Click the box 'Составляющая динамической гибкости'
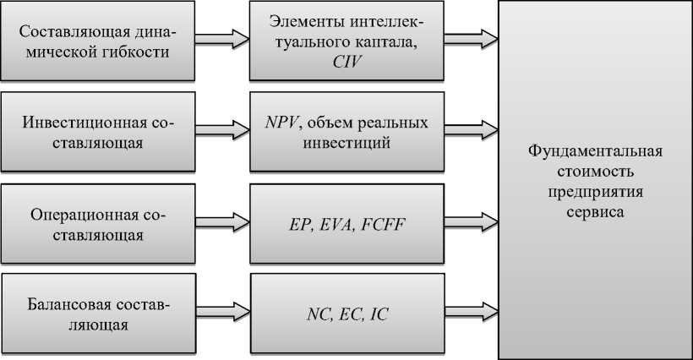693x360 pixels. pyautogui.click(x=97, y=41)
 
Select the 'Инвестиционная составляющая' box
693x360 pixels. pyautogui.click(x=97, y=133)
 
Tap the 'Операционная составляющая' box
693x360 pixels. pyautogui.click(x=97, y=225)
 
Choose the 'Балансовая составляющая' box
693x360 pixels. pyautogui.click(x=97, y=314)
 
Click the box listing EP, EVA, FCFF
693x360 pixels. pyautogui.click(x=347, y=225)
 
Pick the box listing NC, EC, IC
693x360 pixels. pyautogui.click(x=347, y=315)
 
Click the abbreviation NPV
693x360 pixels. pyautogui.click(x=281, y=123)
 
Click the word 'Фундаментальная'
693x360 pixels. pyautogui.click(x=595, y=152)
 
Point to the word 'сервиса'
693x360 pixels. pyautogui.click(x=595, y=213)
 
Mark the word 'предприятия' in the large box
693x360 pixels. pyautogui.click(x=595, y=193)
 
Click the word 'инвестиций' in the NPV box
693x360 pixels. pyautogui.click(x=347, y=143)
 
